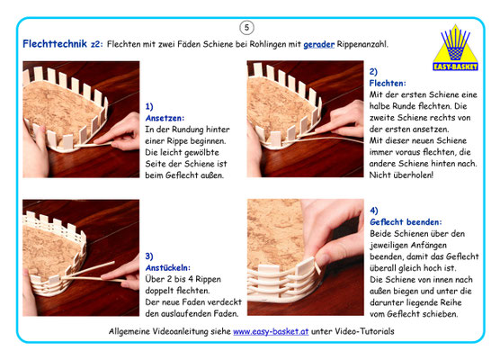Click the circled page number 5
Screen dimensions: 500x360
(246, 28)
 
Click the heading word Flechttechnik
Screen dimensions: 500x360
(55, 44)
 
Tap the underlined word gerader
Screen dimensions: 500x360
(318, 44)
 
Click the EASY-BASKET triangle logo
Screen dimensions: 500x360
(455, 48)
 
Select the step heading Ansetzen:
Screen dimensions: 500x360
(165, 118)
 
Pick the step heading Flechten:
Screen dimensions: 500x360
(388, 84)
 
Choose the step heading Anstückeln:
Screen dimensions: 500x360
(168, 267)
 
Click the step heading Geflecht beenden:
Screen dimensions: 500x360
(406, 221)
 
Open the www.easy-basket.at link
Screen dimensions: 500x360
(271, 331)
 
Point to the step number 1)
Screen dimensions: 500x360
(149, 106)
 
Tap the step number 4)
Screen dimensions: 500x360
(374, 211)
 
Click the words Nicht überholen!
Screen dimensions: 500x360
(401, 175)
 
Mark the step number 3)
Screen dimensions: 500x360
(149, 256)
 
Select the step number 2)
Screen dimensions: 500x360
(373, 71)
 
